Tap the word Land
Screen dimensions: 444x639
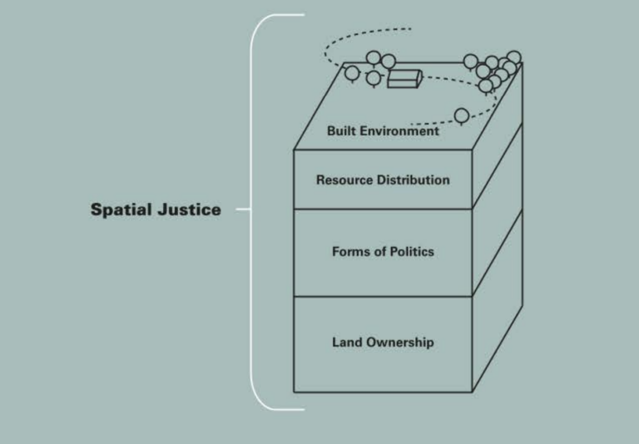click(345, 342)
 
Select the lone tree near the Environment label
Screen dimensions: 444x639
click(461, 115)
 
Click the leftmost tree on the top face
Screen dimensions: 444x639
click(352, 73)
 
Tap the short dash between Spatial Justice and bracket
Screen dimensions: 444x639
click(242, 210)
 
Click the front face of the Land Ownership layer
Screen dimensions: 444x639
click(383, 366)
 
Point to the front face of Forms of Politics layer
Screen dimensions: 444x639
click(383, 274)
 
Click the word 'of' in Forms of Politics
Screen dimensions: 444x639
click(380, 252)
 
